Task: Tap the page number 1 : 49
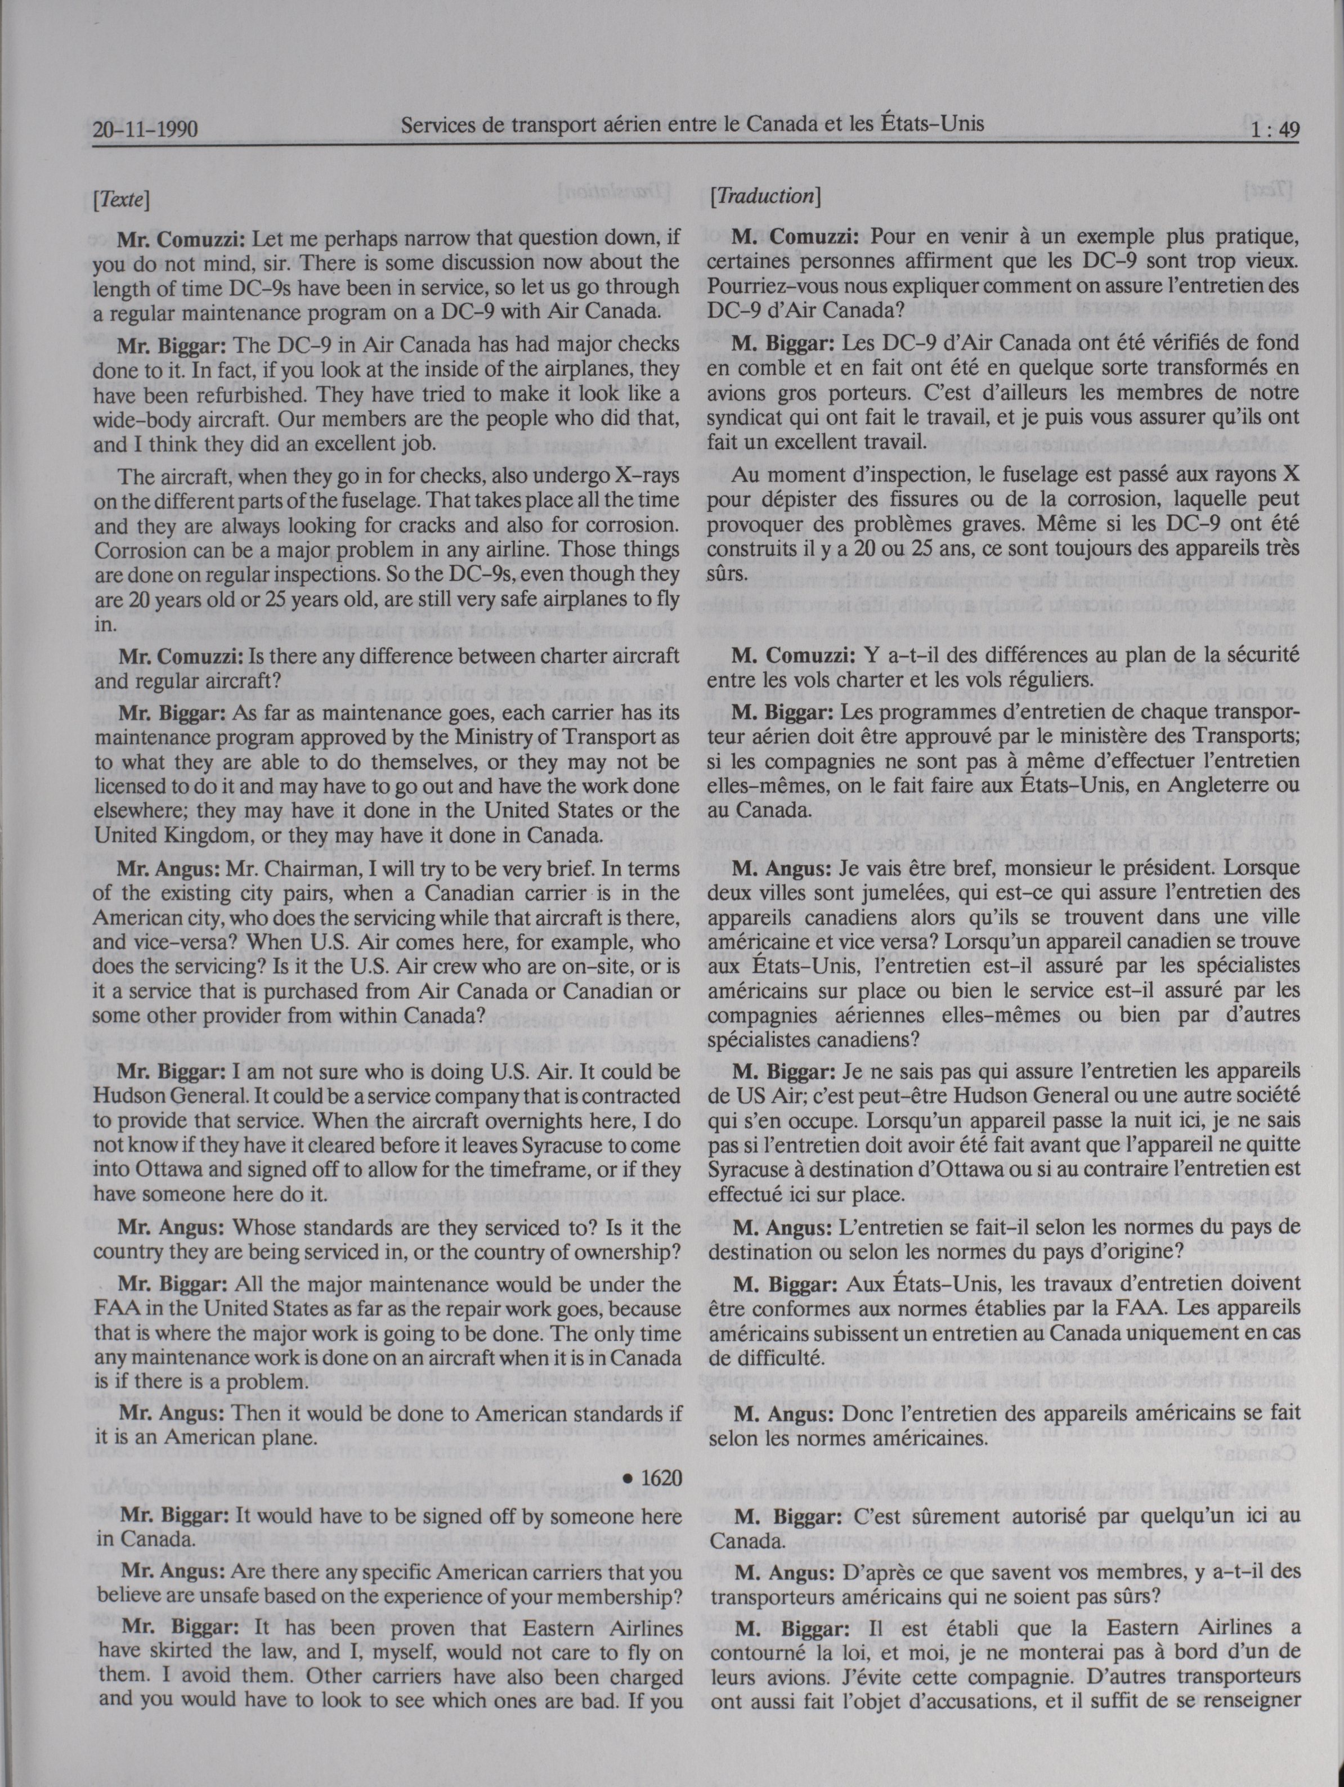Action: click(1265, 130)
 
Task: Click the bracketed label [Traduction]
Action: click(764, 195)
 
